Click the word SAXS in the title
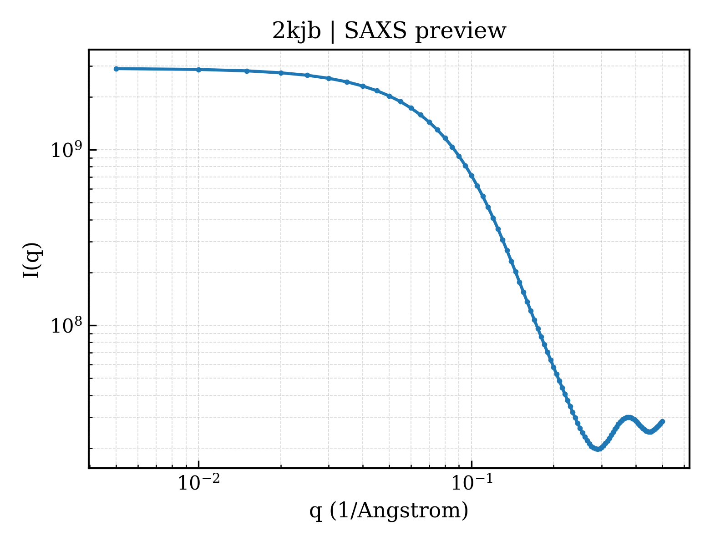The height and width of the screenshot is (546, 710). (375, 31)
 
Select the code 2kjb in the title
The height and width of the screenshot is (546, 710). (296, 32)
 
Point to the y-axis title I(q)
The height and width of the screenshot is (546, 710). (31, 260)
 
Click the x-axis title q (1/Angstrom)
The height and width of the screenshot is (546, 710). (389, 511)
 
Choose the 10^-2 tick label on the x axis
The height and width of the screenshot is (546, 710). (198, 482)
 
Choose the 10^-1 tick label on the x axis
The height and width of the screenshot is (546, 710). (472, 482)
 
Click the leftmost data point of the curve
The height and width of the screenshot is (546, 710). (116, 69)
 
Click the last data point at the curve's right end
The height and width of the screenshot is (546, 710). (662, 422)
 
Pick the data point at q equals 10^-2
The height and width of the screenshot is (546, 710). (198, 70)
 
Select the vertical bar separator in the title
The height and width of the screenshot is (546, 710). (333, 32)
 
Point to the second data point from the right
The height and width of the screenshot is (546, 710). (661, 423)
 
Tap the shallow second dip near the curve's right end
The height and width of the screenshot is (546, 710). (650, 432)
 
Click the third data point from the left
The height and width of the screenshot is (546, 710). (247, 71)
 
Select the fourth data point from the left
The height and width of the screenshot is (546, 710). (281, 73)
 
